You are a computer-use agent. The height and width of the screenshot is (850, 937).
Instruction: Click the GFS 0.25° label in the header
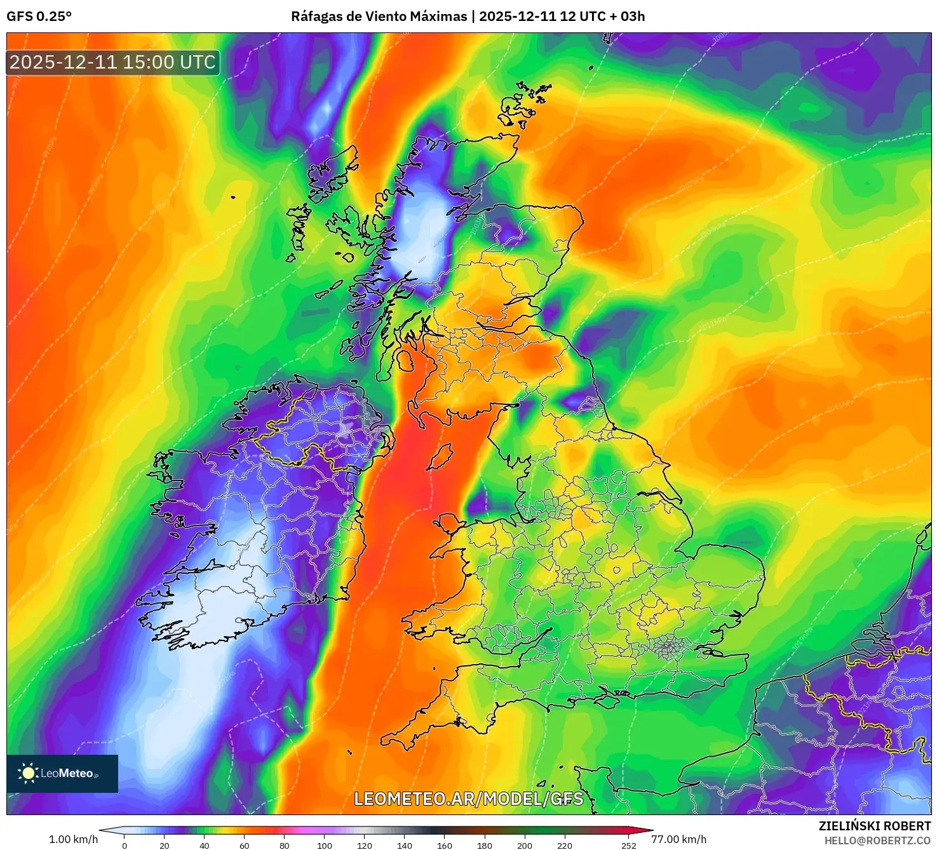(x=39, y=17)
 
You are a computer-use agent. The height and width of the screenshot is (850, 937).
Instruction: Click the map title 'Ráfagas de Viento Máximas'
(x=379, y=17)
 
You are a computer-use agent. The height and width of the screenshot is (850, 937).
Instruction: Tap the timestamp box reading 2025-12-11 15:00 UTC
(x=113, y=62)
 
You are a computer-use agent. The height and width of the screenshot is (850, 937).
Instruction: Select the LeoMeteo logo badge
(x=62, y=773)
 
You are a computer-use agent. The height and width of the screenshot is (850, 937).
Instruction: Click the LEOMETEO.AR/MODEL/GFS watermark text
(x=468, y=799)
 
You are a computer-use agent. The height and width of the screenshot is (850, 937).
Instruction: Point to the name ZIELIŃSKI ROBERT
(x=874, y=826)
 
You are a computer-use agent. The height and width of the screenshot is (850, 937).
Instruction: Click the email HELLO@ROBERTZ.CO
(x=877, y=840)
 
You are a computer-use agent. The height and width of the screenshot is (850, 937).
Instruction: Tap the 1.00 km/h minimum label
(x=73, y=839)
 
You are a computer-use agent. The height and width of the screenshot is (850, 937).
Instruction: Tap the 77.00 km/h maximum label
(x=679, y=839)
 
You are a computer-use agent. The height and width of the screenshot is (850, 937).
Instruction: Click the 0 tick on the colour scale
(x=125, y=846)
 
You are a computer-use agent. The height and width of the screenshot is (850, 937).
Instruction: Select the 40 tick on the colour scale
(x=205, y=846)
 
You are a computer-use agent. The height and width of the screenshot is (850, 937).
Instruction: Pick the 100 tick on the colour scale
(x=325, y=846)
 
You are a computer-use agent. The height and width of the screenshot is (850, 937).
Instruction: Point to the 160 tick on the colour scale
(x=445, y=846)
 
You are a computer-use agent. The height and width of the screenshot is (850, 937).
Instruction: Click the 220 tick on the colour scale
(x=565, y=846)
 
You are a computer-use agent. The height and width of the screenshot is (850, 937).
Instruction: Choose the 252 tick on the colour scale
(x=629, y=846)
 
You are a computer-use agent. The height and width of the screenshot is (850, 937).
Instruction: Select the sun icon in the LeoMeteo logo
(x=28, y=773)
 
